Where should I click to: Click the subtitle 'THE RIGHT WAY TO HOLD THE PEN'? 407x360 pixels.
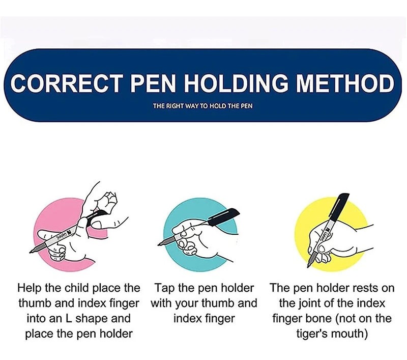pos(202,106)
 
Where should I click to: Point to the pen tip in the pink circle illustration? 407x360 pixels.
pos(31,252)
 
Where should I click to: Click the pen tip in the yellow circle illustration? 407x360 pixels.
pos(309,265)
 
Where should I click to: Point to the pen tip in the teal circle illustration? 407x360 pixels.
pos(159,244)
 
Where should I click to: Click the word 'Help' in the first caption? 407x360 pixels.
pos(30,288)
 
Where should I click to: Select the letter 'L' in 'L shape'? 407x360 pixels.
pos(69,318)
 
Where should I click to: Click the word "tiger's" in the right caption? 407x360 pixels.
pos(313,334)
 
